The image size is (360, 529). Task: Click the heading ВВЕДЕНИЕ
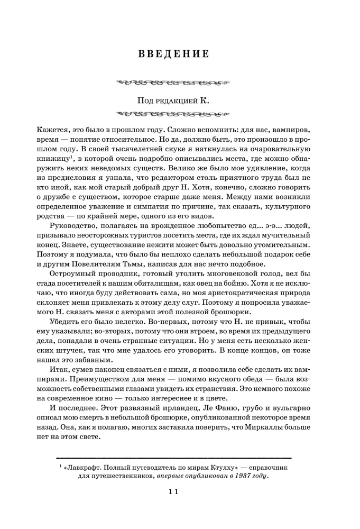point(174,54)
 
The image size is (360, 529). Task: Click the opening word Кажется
point(54,129)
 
